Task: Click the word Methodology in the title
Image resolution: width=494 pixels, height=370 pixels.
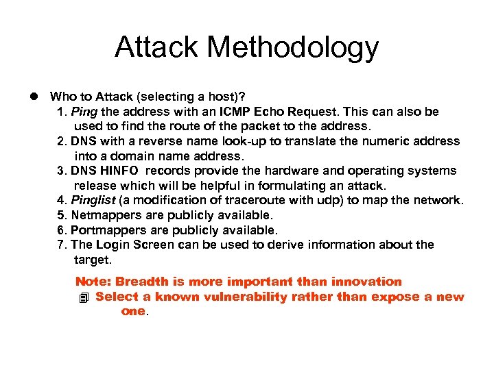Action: point(294,48)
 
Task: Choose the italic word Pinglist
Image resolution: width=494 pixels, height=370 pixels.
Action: point(93,200)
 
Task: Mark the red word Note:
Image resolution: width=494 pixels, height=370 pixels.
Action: point(93,282)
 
